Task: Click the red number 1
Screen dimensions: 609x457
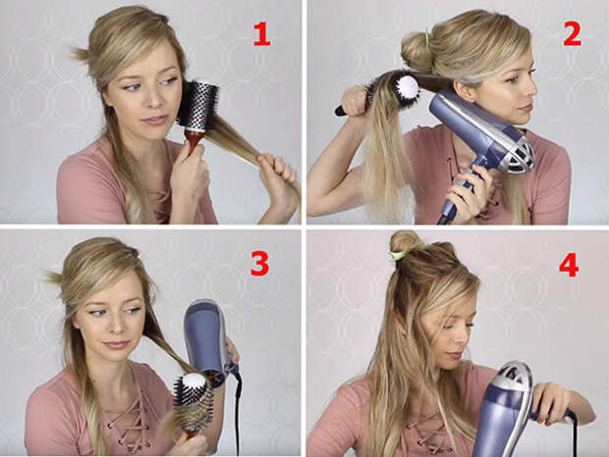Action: tap(261, 33)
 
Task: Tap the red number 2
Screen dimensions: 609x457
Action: tap(572, 33)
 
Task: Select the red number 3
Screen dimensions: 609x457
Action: tap(260, 263)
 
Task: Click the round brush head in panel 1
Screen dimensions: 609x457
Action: tap(198, 105)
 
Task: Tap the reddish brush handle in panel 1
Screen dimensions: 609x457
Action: tap(194, 142)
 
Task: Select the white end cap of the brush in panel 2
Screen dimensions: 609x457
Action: tap(408, 86)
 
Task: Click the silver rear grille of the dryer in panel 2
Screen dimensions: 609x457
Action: tap(519, 152)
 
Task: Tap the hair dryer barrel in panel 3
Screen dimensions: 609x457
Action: tap(203, 335)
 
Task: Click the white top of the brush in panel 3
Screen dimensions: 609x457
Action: tap(194, 381)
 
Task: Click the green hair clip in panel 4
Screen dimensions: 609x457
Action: tap(398, 255)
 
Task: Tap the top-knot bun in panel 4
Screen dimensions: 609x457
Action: tap(406, 242)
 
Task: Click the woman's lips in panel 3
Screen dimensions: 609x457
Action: tap(116, 344)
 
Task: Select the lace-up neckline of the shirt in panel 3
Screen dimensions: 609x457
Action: tap(130, 419)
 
